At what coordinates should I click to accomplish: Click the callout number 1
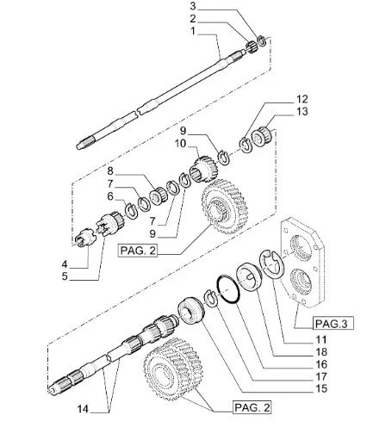(193, 31)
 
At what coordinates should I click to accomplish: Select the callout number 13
(302, 111)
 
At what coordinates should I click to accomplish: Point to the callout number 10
(181, 143)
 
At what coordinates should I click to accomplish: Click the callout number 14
(83, 409)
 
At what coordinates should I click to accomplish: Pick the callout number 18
(321, 352)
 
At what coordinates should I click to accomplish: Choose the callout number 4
(65, 264)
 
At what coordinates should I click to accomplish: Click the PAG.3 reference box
(332, 324)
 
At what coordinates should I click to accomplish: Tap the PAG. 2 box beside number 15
(252, 407)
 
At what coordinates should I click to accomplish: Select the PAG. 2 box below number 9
(138, 251)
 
